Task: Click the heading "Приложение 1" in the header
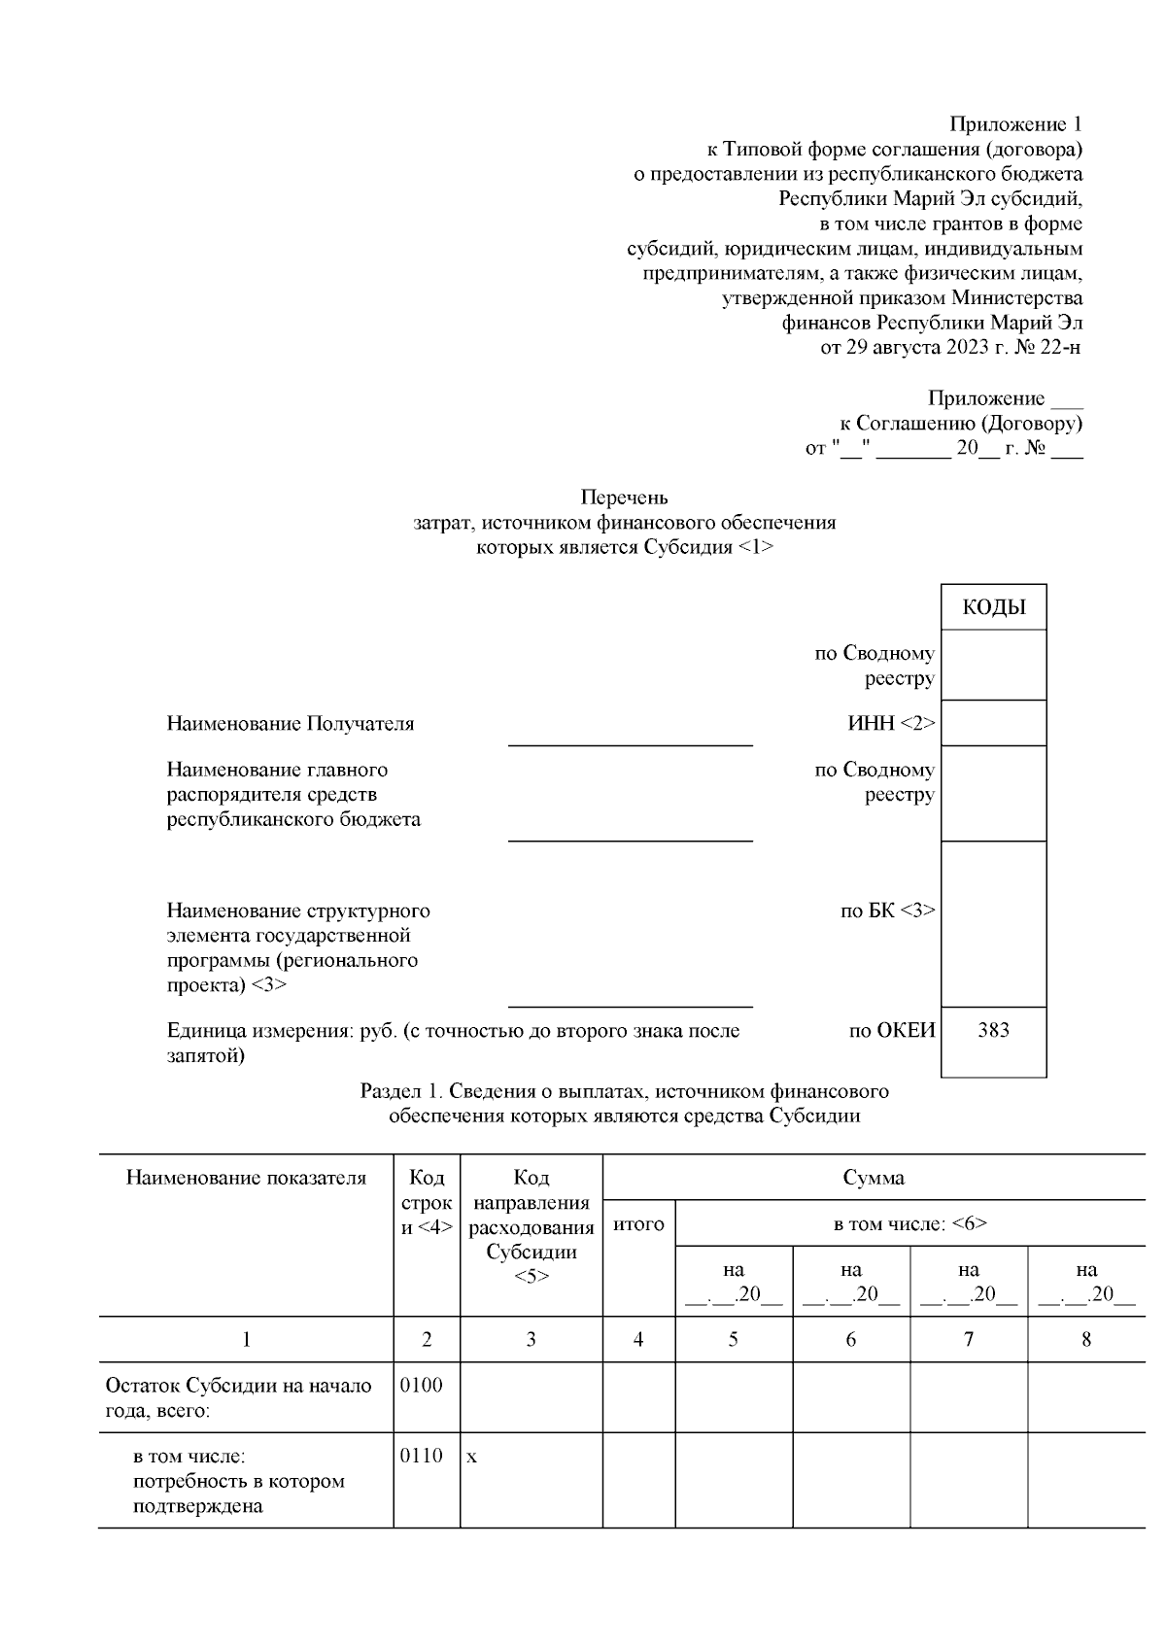(x=1014, y=125)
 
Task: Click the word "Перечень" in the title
(x=624, y=498)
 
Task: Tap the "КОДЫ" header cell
(x=993, y=608)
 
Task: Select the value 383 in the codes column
(x=993, y=1031)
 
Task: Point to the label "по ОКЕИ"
(x=891, y=1031)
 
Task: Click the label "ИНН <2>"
(x=891, y=724)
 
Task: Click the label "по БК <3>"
(x=887, y=911)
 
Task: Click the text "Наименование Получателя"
(x=291, y=724)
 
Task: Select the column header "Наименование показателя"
(x=246, y=1179)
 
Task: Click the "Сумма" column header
(x=873, y=1179)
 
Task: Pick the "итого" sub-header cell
(x=638, y=1225)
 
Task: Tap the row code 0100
(x=422, y=1386)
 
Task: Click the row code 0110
(x=422, y=1457)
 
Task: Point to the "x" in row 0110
(x=472, y=1458)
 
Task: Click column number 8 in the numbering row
(x=1085, y=1340)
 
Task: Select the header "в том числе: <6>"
(x=909, y=1225)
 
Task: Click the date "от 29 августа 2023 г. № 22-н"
(x=950, y=348)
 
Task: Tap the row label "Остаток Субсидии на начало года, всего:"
(x=238, y=1398)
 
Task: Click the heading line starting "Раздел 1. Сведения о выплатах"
(x=624, y=1091)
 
